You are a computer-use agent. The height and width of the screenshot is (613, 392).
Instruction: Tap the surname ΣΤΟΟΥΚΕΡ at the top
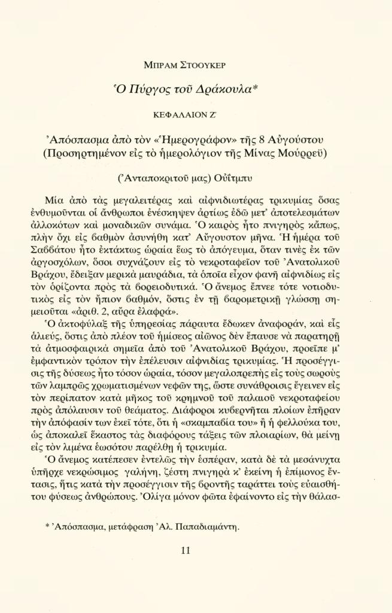[x=208, y=64]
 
